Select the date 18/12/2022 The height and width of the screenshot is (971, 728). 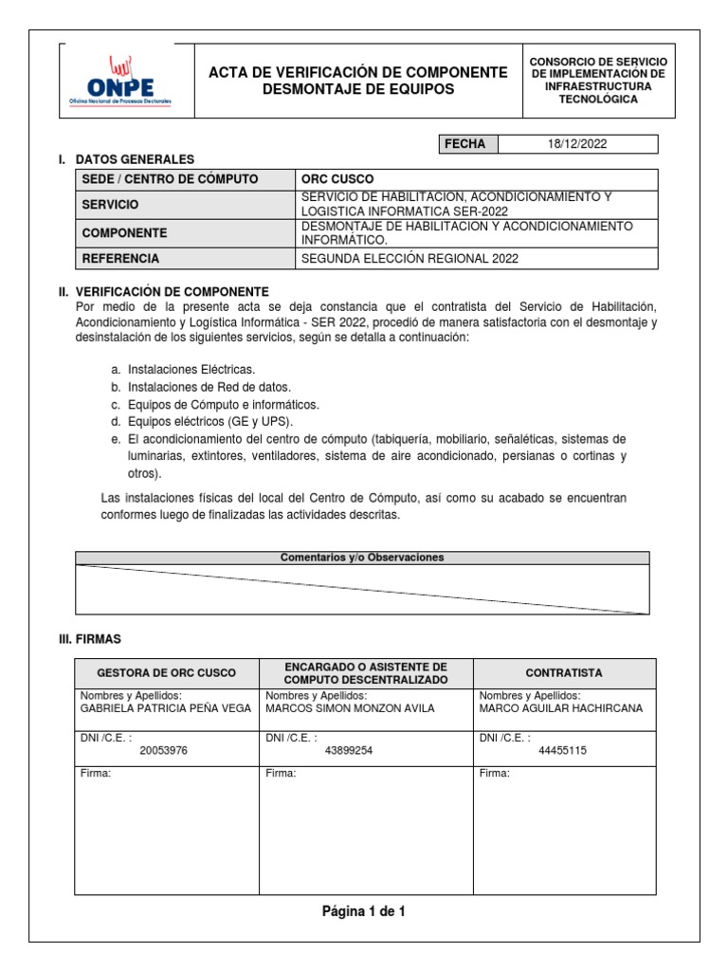[577, 144]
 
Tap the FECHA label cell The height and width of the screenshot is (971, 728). [466, 144]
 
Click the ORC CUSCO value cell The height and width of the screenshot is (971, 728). [337, 179]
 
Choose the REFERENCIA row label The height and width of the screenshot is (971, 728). [120, 258]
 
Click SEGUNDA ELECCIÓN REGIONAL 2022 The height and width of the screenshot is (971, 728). [409, 258]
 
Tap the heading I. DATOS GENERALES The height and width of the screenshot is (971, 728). [134, 159]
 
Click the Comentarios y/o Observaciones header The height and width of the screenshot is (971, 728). [362, 558]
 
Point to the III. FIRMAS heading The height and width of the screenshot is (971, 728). [90, 640]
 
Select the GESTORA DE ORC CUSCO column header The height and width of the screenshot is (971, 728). [167, 672]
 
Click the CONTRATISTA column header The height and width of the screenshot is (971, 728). [564, 672]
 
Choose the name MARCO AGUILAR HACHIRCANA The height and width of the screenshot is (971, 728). [561, 707]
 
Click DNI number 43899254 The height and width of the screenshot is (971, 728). [348, 750]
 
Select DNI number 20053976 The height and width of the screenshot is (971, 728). [163, 750]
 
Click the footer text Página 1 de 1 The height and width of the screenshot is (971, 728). [364, 911]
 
